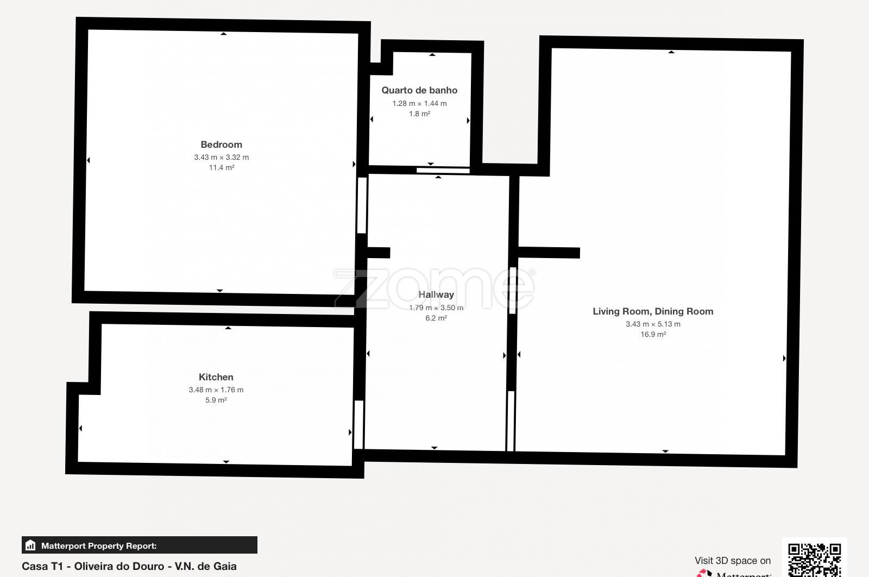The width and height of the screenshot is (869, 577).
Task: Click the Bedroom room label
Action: tap(221, 145)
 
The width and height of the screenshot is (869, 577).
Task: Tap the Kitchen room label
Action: tap(216, 377)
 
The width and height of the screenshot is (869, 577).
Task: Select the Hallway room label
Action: tap(436, 294)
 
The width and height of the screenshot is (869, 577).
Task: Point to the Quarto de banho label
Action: tap(419, 90)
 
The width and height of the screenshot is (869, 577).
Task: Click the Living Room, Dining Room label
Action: tap(653, 311)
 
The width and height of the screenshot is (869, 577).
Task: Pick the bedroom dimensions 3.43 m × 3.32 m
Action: tap(222, 157)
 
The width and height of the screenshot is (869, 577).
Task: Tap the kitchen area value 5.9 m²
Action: tap(216, 400)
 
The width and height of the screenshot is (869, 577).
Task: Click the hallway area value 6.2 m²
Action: tap(436, 318)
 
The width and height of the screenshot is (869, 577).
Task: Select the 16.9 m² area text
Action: tap(653, 335)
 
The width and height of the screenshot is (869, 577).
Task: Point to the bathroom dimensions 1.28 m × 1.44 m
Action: tap(419, 104)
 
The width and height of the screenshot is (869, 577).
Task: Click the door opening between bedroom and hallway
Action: tap(362, 205)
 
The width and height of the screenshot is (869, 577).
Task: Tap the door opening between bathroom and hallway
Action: tap(443, 171)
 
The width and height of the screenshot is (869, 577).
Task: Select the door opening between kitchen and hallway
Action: tap(359, 424)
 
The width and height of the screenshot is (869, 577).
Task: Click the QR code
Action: tap(814, 560)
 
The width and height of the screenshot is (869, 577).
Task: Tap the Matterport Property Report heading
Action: tap(99, 546)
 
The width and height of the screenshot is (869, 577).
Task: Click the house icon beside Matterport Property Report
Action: tap(30, 545)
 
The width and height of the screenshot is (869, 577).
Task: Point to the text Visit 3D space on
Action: tap(733, 561)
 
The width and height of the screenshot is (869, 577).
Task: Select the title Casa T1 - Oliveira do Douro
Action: tap(93, 566)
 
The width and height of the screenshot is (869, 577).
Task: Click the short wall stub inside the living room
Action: tap(549, 253)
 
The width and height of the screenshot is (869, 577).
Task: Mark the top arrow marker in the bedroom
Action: tap(223, 34)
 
